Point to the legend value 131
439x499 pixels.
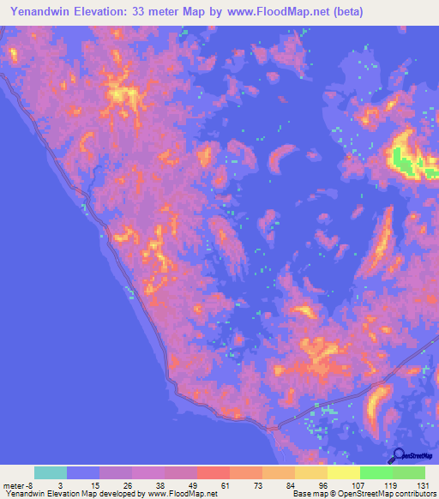[423, 484]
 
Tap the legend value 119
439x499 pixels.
[391, 484]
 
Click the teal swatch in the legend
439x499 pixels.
[51, 472]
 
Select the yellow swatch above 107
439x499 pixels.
[344, 472]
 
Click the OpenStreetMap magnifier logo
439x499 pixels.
[396, 455]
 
